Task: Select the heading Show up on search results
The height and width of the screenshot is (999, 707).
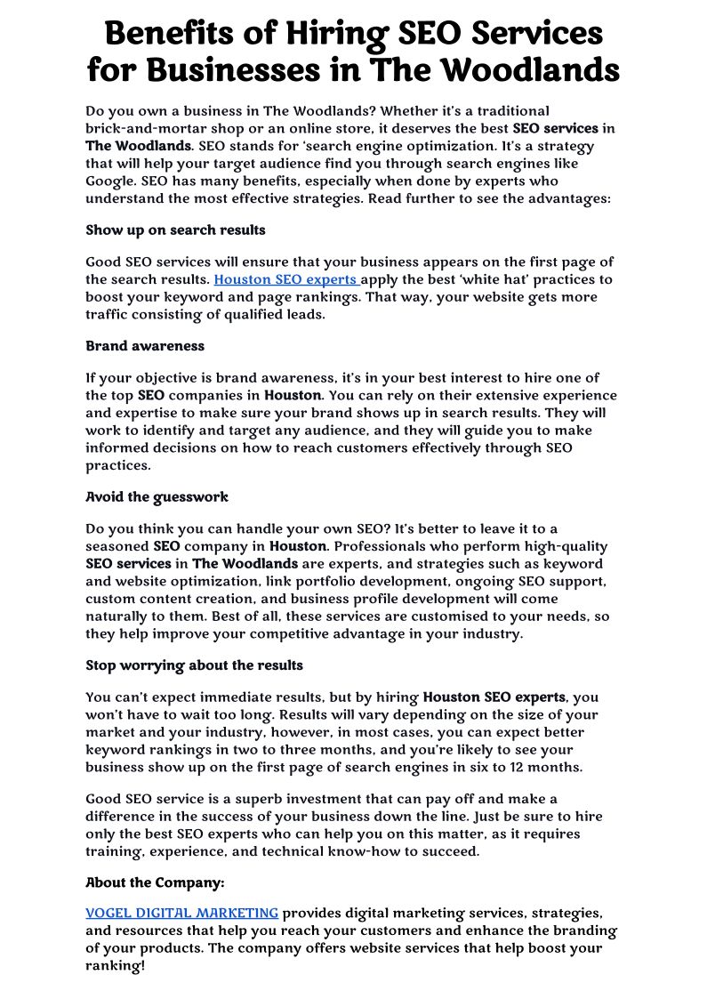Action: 175,230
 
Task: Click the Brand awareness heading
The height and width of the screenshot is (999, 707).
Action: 145,346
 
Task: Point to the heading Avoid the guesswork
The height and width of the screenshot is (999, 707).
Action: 157,497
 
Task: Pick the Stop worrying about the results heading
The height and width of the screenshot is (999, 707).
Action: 194,665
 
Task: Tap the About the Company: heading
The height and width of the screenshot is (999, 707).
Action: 155,883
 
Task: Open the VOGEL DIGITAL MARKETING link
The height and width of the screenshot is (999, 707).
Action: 181,913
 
